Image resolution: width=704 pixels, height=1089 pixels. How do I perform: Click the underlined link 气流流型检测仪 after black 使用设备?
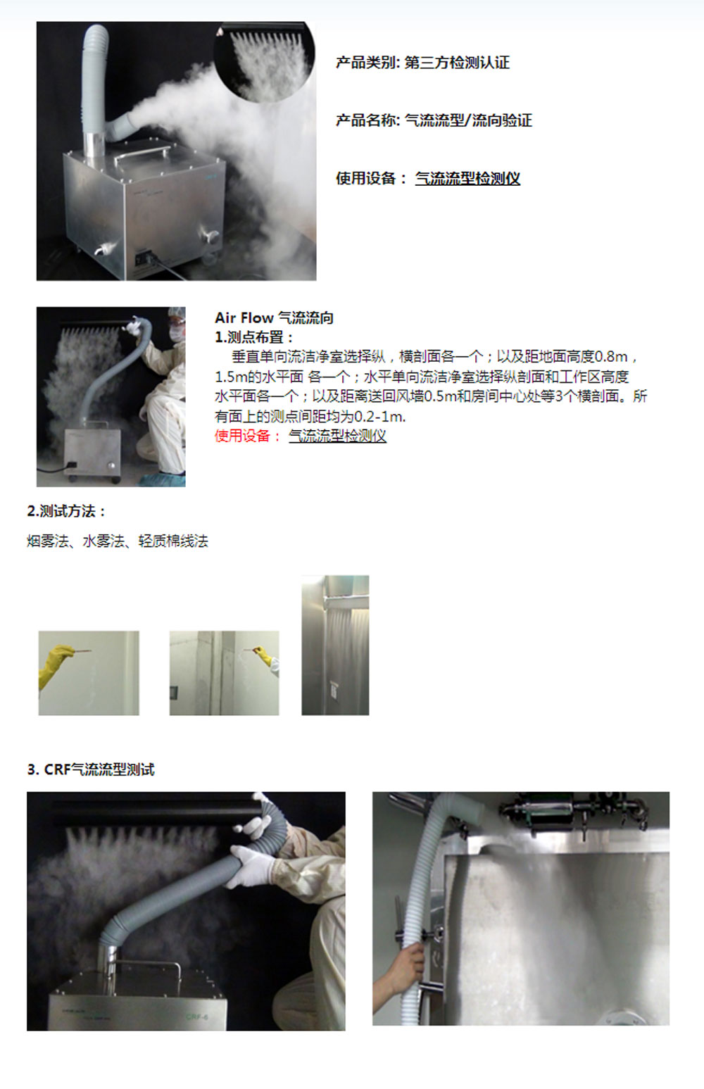click(x=467, y=178)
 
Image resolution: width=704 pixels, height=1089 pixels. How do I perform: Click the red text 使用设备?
click(x=242, y=436)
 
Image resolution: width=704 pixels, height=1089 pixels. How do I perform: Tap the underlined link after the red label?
click(x=337, y=436)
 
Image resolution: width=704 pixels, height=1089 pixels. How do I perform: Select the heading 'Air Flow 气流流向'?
click(x=275, y=318)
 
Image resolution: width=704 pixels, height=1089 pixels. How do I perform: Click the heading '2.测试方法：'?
click(x=66, y=512)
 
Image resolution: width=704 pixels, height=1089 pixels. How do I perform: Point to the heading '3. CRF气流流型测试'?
click(x=91, y=769)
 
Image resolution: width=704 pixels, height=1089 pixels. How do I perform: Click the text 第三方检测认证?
click(x=457, y=63)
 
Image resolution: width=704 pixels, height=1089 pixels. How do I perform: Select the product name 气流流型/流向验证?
click(x=468, y=120)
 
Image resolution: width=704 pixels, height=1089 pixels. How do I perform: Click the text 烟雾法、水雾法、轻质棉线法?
click(x=117, y=541)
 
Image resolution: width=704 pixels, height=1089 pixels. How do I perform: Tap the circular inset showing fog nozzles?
click(x=264, y=61)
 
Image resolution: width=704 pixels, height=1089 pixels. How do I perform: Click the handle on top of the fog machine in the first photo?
click(x=142, y=151)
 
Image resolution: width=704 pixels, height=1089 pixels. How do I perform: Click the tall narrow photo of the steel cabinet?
click(x=335, y=645)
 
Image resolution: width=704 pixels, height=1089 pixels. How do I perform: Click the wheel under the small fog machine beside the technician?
click(x=115, y=479)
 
